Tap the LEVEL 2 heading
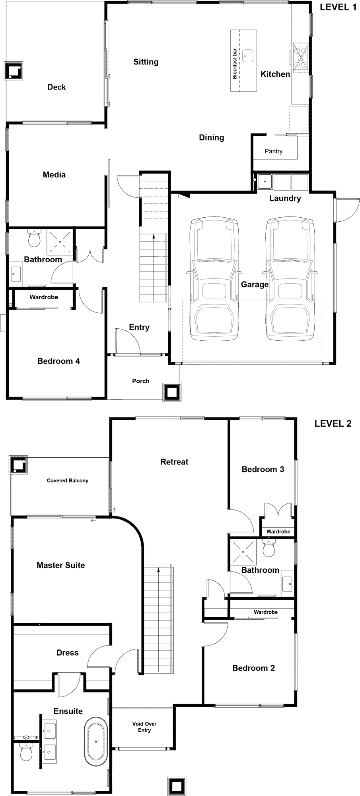[x=333, y=423]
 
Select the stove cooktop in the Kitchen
[x=300, y=58]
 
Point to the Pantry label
[x=274, y=151]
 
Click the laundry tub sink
[x=265, y=182]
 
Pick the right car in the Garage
[x=290, y=279]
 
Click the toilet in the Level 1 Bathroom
[x=35, y=238]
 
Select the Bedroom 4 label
[x=58, y=361]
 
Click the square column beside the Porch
[x=171, y=392]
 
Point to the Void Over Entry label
[x=144, y=727]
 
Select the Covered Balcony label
[x=68, y=480]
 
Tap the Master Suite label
[x=60, y=565]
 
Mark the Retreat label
[x=174, y=462]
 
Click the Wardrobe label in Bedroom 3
[x=278, y=531]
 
